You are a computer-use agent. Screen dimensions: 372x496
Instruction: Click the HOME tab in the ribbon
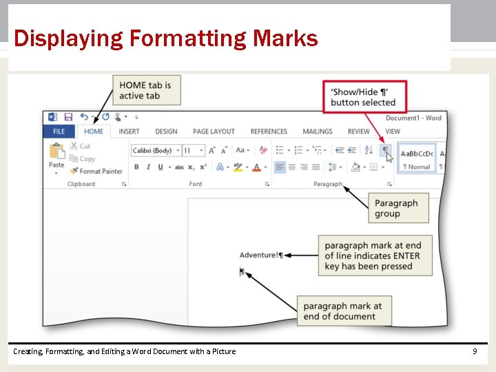coord(94,132)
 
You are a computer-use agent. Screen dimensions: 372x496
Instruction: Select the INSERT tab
coord(129,132)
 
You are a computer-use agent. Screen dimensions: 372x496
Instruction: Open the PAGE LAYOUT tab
coord(214,132)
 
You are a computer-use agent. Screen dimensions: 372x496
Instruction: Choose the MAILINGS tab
coord(318,132)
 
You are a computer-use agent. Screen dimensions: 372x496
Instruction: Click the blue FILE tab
coord(59,132)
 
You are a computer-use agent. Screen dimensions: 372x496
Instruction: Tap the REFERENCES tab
coord(269,132)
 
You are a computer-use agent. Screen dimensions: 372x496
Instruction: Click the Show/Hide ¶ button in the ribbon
coord(386,149)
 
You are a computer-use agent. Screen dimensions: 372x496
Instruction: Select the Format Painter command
coord(96,171)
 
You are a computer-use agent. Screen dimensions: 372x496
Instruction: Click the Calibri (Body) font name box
coord(153,150)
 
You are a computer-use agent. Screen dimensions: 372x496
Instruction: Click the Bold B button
coord(136,167)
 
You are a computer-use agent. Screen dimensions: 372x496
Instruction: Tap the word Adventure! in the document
coord(258,255)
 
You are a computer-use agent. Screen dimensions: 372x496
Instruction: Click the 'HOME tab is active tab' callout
coord(146,90)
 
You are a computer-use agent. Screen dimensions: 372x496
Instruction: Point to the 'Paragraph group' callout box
coord(397,208)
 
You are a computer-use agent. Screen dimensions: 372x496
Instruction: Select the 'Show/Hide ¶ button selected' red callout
coord(364,97)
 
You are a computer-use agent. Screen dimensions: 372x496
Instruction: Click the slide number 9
coord(475,351)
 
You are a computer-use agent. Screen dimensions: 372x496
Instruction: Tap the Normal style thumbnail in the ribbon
coord(417,158)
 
